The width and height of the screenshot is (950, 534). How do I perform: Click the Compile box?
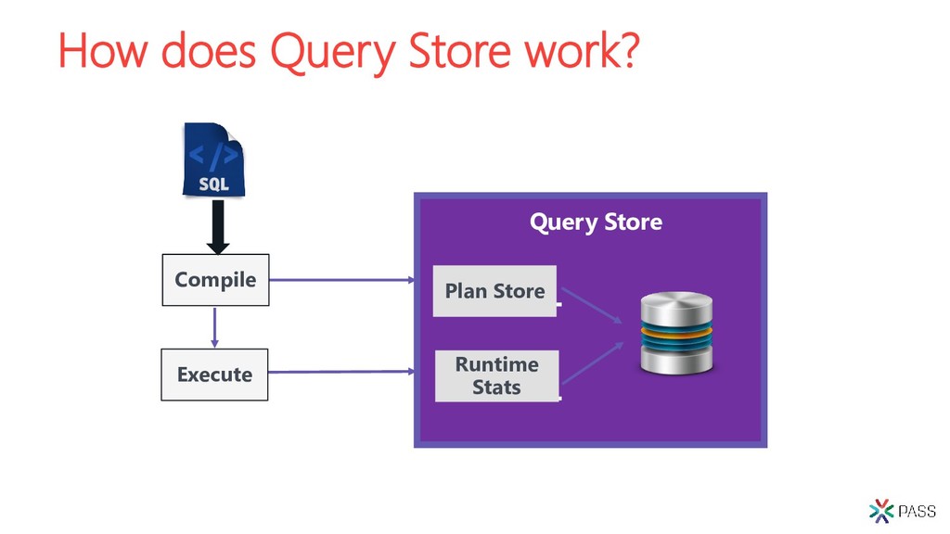[215, 280]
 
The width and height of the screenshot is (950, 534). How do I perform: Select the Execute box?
[214, 375]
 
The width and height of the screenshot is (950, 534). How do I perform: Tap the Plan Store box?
[495, 290]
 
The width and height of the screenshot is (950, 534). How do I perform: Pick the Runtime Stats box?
[497, 375]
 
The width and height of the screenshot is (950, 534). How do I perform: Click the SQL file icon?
[214, 159]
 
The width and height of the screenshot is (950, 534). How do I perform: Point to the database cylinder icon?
[676, 333]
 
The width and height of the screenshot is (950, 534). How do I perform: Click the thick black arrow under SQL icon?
[218, 227]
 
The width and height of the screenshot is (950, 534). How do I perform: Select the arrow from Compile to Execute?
[214, 327]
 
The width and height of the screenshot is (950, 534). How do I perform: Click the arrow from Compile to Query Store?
[342, 280]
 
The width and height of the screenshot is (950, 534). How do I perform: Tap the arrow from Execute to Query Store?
[341, 372]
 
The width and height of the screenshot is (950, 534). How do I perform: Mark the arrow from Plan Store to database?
[592, 305]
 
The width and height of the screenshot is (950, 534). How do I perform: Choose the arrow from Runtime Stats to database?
[593, 362]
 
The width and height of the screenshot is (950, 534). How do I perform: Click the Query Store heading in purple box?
[597, 222]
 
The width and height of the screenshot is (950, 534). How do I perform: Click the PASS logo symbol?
[881, 511]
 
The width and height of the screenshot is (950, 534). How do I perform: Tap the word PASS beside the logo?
[918, 512]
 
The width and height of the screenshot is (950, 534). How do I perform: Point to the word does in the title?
[209, 51]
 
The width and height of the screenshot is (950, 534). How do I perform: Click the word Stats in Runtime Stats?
[497, 387]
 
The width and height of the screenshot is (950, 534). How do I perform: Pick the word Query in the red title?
[333, 53]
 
